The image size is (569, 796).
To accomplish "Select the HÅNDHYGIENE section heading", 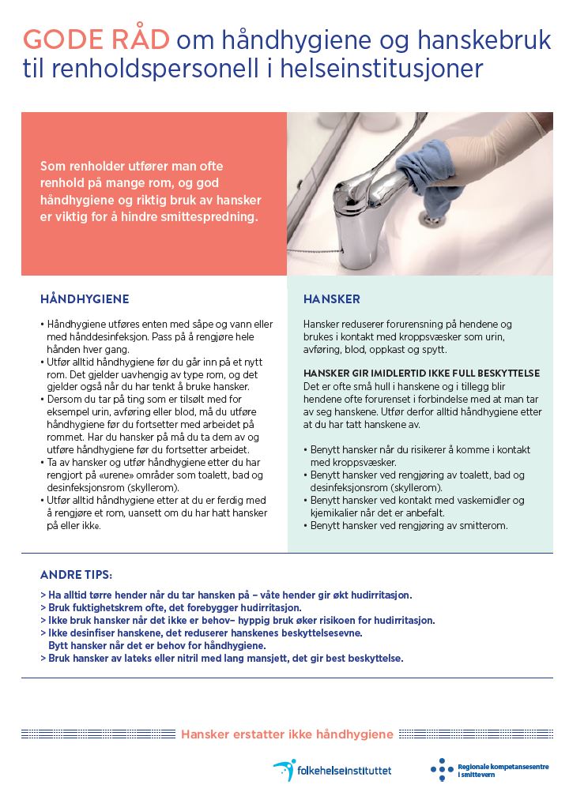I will click(85, 299).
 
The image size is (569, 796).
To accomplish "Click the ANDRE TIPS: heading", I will click(76, 574).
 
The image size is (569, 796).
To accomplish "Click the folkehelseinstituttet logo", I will click(332, 769).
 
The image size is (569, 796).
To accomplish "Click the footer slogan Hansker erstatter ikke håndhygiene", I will click(287, 734).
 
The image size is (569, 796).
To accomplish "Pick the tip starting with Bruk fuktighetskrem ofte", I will click(170, 607).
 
